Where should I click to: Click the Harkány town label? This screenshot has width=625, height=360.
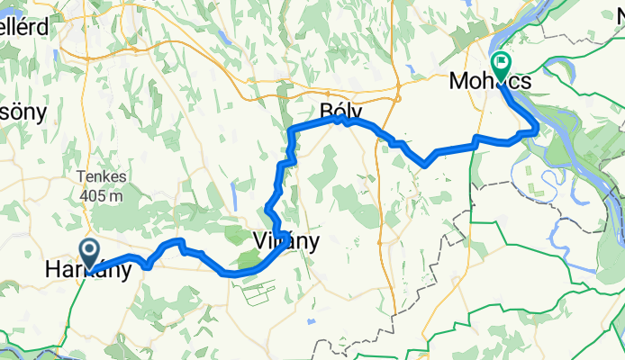(x=84, y=269)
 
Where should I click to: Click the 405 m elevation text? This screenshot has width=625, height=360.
(x=99, y=194)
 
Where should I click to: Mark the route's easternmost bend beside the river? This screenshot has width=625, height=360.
(x=537, y=128)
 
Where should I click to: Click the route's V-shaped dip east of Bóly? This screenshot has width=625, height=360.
(x=424, y=164)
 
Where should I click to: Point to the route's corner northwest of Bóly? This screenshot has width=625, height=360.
(x=291, y=131)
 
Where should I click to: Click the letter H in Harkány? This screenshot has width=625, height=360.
(x=53, y=269)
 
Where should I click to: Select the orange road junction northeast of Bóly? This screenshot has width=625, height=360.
(x=397, y=90)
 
